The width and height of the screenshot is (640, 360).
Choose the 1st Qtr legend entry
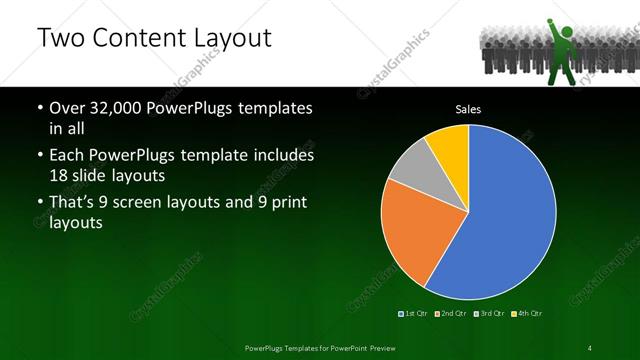tap(414, 314)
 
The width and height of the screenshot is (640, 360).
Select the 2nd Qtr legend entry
tap(451, 314)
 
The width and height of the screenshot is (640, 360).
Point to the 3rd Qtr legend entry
tap(488, 314)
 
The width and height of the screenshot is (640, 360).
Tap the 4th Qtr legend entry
tap(525, 314)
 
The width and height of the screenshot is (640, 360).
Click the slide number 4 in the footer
tap(590, 347)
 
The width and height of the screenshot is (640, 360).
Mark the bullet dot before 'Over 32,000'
tap(38, 107)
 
